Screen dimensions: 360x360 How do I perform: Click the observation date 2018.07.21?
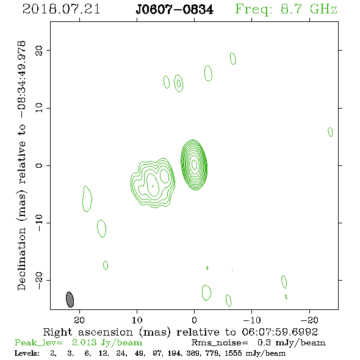61,9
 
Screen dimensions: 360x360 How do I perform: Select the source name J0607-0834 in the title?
175,10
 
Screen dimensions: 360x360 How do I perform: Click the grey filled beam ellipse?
70,300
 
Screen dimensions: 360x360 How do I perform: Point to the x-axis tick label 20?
79,320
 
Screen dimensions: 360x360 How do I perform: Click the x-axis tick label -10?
252,320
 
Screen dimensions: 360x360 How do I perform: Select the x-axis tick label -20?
309,320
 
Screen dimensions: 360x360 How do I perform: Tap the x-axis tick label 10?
137,320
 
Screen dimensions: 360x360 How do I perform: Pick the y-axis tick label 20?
39,50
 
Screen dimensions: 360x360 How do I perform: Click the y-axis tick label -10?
39,223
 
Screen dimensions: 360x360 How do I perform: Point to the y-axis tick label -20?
39,281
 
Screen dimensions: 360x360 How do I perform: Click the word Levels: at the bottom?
27,353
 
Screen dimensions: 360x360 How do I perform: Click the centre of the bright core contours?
194,164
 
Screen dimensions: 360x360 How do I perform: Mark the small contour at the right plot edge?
330,132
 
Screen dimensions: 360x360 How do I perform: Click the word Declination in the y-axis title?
21,259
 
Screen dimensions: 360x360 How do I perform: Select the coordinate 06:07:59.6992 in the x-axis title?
280,332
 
